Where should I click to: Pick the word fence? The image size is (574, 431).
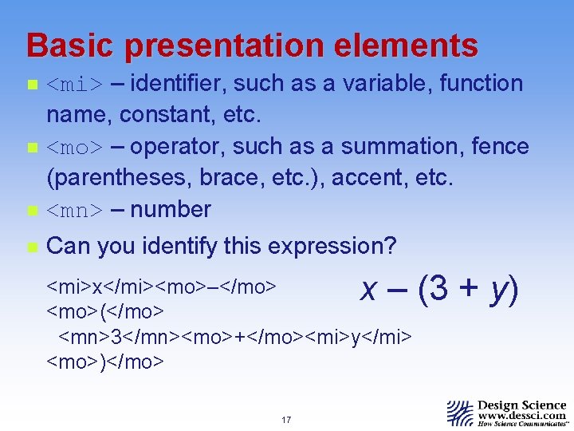pos(500,147)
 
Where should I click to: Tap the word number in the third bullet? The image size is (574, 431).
pos(171,210)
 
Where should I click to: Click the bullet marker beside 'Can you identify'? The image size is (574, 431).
pos(31,247)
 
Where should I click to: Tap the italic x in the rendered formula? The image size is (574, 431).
pos(368,290)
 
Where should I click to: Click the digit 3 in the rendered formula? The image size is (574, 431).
pos(437,288)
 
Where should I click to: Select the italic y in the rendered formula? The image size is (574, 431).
pos(500,290)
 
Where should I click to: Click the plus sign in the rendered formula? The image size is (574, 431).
pos(470,289)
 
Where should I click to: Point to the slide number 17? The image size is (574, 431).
pos(286,420)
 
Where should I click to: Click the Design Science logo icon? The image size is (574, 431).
pos(460,413)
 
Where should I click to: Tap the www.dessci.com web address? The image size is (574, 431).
pos(522,416)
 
